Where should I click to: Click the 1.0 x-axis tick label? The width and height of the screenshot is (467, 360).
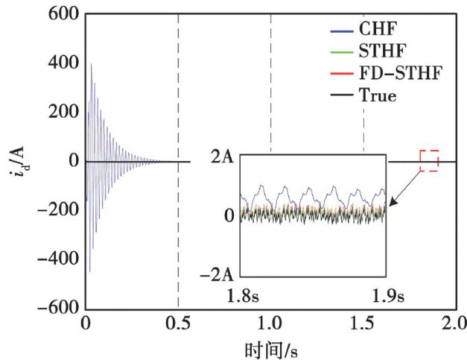tap(270, 324)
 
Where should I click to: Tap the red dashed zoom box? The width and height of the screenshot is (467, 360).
tap(429, 161)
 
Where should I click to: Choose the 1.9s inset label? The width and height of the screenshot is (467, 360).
tap(387, 297)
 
